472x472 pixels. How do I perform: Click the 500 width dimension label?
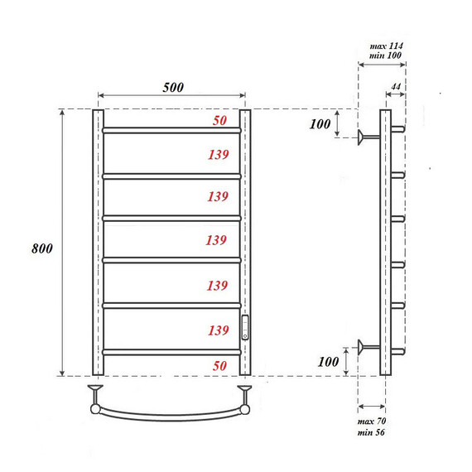172,87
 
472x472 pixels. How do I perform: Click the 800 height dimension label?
42,248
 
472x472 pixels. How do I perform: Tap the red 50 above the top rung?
219,121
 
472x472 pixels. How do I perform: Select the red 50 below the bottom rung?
219,364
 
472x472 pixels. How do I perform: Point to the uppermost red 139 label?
218,154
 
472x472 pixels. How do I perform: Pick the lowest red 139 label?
218,330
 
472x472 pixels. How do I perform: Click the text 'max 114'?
386,44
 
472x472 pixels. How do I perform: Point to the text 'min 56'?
373,433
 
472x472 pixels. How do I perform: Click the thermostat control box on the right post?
245,327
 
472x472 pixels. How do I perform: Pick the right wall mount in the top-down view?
245,390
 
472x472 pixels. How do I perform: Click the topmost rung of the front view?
171,130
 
